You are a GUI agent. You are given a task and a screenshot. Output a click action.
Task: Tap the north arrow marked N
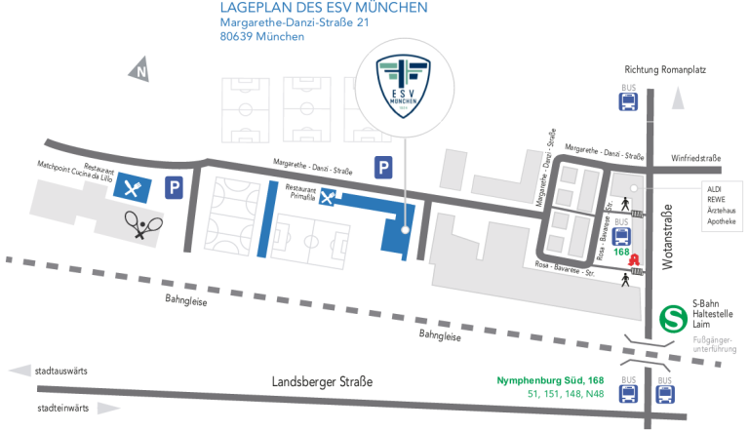pyautogui.click(x=141, y=69)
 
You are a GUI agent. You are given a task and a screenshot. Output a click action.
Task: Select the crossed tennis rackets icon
pyautogui.click(x=143, y=226)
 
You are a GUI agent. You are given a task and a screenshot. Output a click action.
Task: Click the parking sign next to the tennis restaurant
pyautogui.click(x=174, y=187)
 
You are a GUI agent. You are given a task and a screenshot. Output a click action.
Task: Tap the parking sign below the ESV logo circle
pyautogui.click(x=385, y=169)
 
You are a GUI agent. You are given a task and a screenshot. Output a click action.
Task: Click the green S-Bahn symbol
pyautogui.click(x=672, y=318)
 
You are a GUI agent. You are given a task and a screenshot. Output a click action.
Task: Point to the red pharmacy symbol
pyautogui.click(x=632, y=260)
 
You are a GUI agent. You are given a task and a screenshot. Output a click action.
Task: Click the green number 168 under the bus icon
pyautogui.click(x=623, y=252)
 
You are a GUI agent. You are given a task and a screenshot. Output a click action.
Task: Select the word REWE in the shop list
pyautogui.click(x=716, y=199)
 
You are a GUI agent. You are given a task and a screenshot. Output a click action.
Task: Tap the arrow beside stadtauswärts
pyautogui.click(x=18, y=372)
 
